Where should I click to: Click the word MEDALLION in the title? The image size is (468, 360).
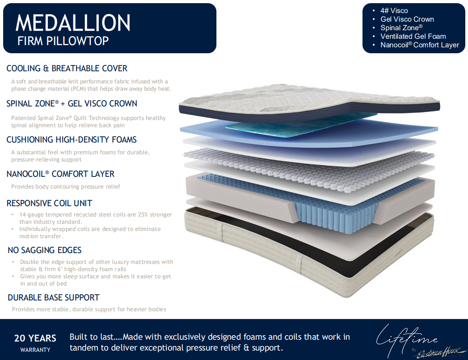(x=73, y=23)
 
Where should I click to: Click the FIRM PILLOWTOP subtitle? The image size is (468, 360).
(x=63, y=41)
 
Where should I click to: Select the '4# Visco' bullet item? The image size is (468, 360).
(x=394, y=11)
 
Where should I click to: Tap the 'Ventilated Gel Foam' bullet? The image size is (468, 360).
(x=413, y=37)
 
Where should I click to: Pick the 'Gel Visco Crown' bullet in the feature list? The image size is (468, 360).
(x=407, y=19)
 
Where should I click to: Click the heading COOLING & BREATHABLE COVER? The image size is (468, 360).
(x=67, y=69)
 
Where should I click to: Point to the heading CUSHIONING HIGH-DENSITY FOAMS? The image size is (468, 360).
(x=72, y=139)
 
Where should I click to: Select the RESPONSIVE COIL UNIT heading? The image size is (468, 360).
(x=49, y=203)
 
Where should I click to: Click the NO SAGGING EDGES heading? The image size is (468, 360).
(x=45, y=250)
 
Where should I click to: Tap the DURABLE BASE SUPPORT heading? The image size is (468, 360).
(x=53, y=298)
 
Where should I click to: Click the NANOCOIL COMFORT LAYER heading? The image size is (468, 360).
(x=60, y=174)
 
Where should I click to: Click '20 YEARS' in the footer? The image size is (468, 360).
(x=35, y=338)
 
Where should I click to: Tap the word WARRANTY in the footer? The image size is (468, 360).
(x=35, y=350)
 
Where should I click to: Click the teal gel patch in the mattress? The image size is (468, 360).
(x=298, y=125)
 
